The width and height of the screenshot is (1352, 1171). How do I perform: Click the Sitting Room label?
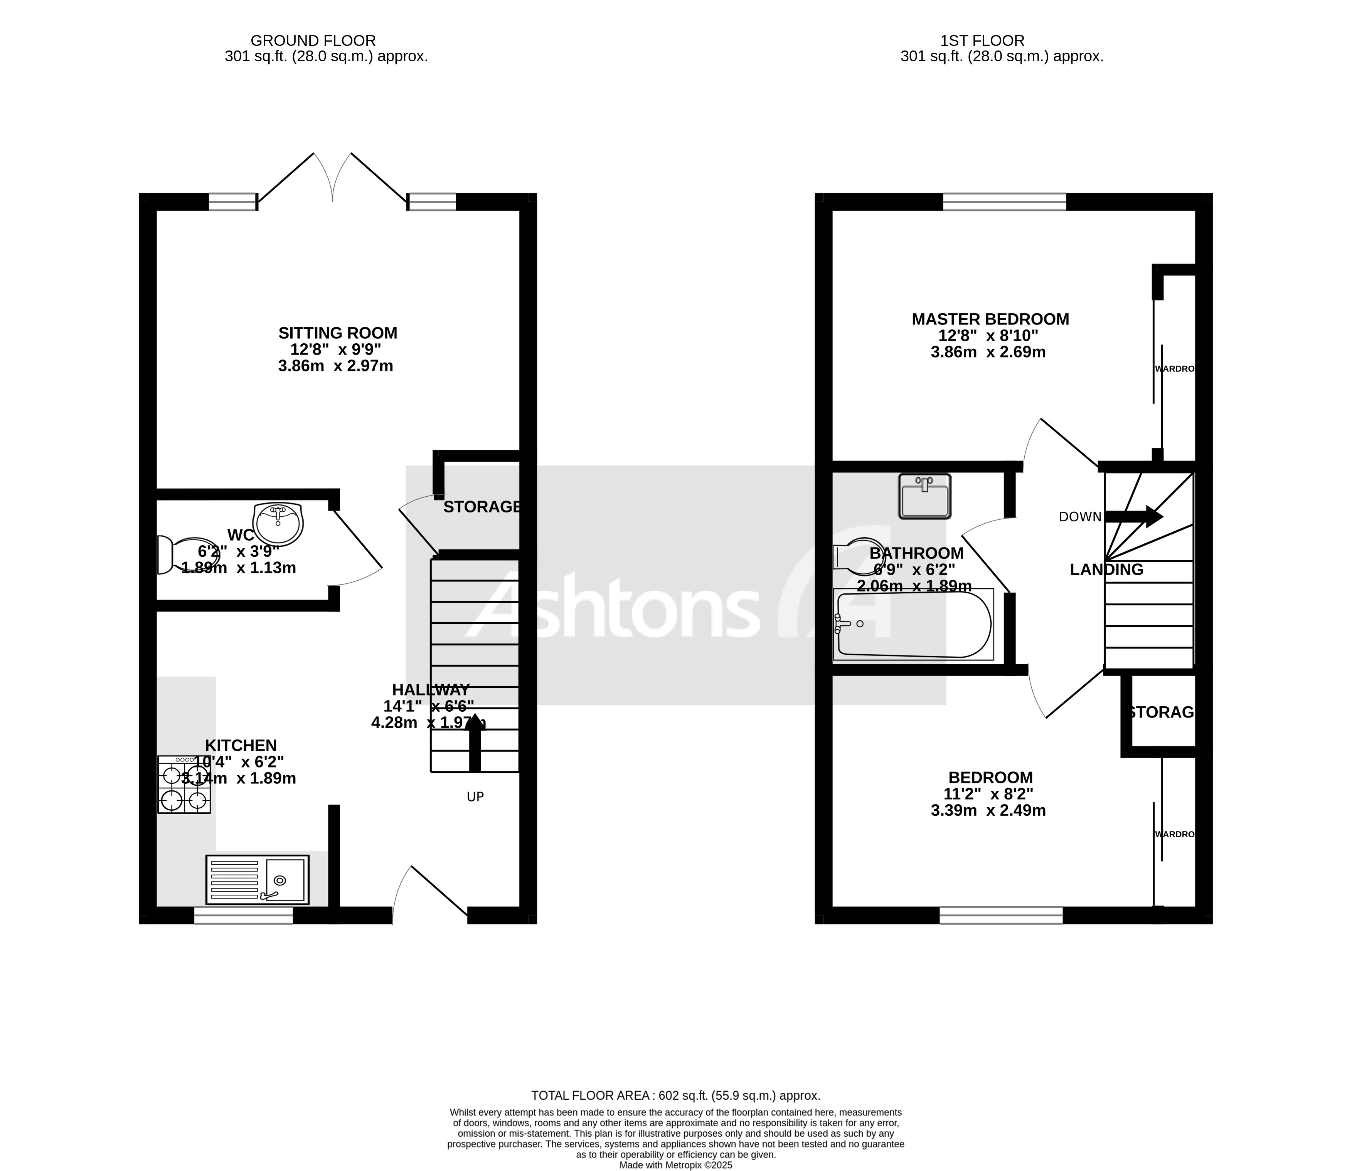pyautogui.click(x=337, y=333)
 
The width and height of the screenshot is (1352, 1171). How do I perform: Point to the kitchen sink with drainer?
pyautogui.click(x=257, y=879)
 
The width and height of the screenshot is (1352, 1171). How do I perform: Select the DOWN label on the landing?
pyautogui.click(x=1080, y=517)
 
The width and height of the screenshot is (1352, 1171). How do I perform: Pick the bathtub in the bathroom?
pyautogui.click(x=913, y=624)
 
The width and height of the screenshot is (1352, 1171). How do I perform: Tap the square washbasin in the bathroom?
pyautogui.click(x=924, y=497)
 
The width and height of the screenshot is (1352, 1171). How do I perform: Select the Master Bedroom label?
pyautogui.click(x=990, y=319)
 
